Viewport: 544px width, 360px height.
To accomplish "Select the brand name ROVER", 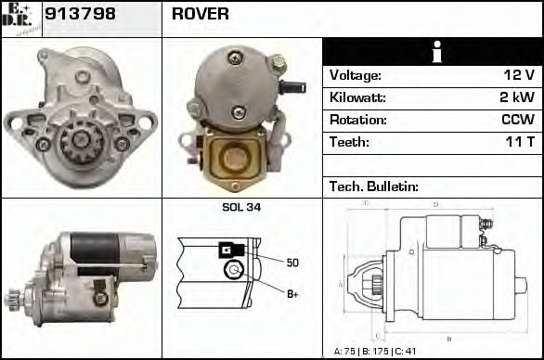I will (x=201, y=15).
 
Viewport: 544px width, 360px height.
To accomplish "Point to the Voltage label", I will (x=356, y=76).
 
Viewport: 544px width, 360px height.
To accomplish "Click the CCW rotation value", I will (x=517, y=121).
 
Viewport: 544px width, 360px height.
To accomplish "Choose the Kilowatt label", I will (x=357, y=98).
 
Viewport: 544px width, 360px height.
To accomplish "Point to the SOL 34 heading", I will (x=241, y=207).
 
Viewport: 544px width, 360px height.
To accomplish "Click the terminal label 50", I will (x=292, y=263).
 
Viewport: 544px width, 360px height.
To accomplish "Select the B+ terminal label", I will (x=292, y=294).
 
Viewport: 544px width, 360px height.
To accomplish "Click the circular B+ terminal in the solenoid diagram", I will (x=234, y=270).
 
